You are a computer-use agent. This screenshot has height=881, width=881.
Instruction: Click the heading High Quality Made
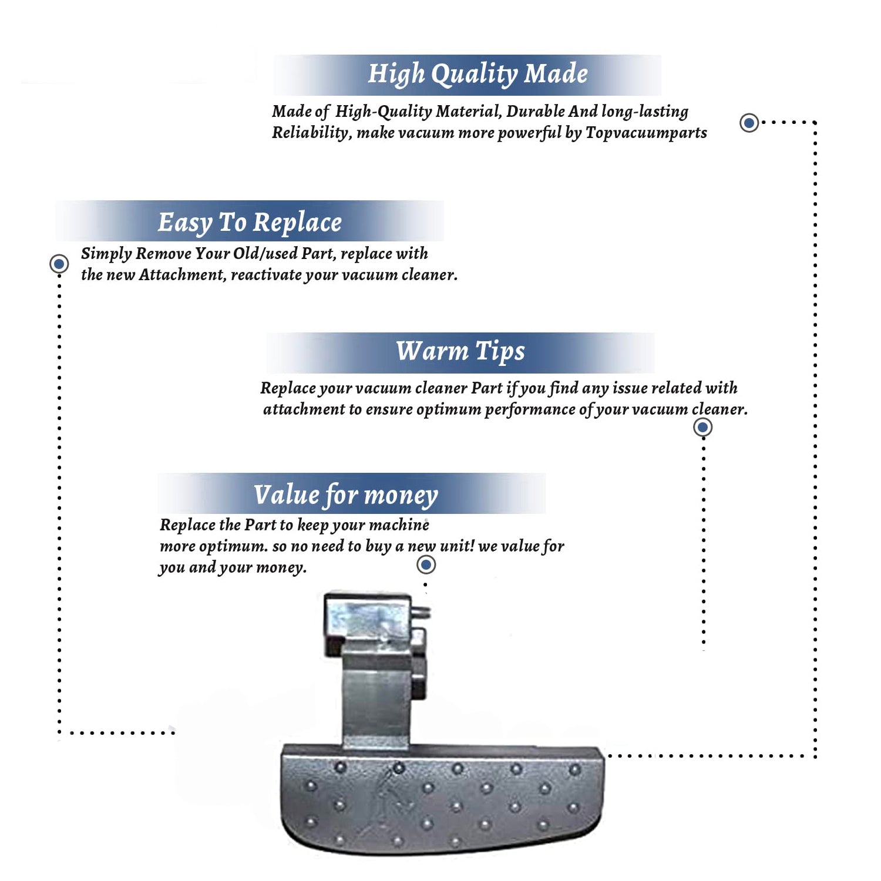coord(477,75)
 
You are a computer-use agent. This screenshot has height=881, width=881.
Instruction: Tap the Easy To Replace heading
coord(250,223)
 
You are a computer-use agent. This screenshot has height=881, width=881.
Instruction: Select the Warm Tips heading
coord(460,351)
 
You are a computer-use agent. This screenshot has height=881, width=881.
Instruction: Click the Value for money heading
coord(345,495)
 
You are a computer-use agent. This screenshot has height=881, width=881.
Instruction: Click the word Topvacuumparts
coord(646,133)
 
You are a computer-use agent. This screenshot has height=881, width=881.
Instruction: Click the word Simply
coord(106,254)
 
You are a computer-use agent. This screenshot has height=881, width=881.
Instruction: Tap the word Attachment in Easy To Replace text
coord(181,275)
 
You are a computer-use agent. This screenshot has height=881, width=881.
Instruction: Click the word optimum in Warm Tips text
coord(448,409)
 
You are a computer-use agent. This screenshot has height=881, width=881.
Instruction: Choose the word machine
coord(399,525)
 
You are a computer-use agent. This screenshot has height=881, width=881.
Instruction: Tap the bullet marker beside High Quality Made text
coord(749,123)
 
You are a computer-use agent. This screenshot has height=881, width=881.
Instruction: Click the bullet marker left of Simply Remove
coord(59,264)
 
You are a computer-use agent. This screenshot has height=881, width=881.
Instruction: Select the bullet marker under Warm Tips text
coord(702,427)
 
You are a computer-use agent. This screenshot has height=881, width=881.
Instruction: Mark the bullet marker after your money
coord(426,565)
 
